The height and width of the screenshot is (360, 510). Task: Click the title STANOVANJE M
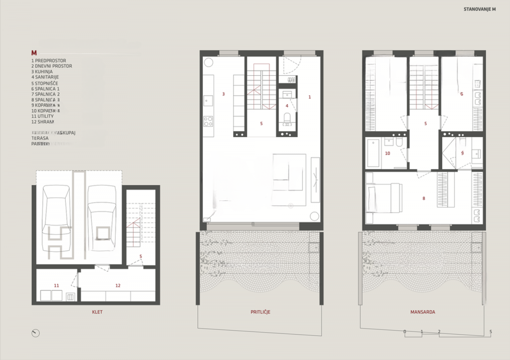480,9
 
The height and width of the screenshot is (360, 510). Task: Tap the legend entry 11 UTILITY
42,116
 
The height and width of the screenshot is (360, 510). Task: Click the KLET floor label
97,312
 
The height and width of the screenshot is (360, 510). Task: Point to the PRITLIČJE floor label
261,312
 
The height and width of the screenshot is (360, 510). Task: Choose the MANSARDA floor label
423,312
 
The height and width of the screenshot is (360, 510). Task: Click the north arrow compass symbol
35,333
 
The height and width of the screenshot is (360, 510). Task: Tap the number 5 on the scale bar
491,331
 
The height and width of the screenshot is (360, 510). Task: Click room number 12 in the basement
118,285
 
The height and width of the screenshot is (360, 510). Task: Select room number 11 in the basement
57,285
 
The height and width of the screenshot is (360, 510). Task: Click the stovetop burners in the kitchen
208,121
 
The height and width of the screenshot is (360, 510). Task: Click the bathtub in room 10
373,153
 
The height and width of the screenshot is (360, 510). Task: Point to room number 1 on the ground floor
309,97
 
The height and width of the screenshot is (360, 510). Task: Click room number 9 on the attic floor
462,153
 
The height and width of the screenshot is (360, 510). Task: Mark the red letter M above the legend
34,53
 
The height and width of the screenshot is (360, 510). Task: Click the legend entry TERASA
40,138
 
